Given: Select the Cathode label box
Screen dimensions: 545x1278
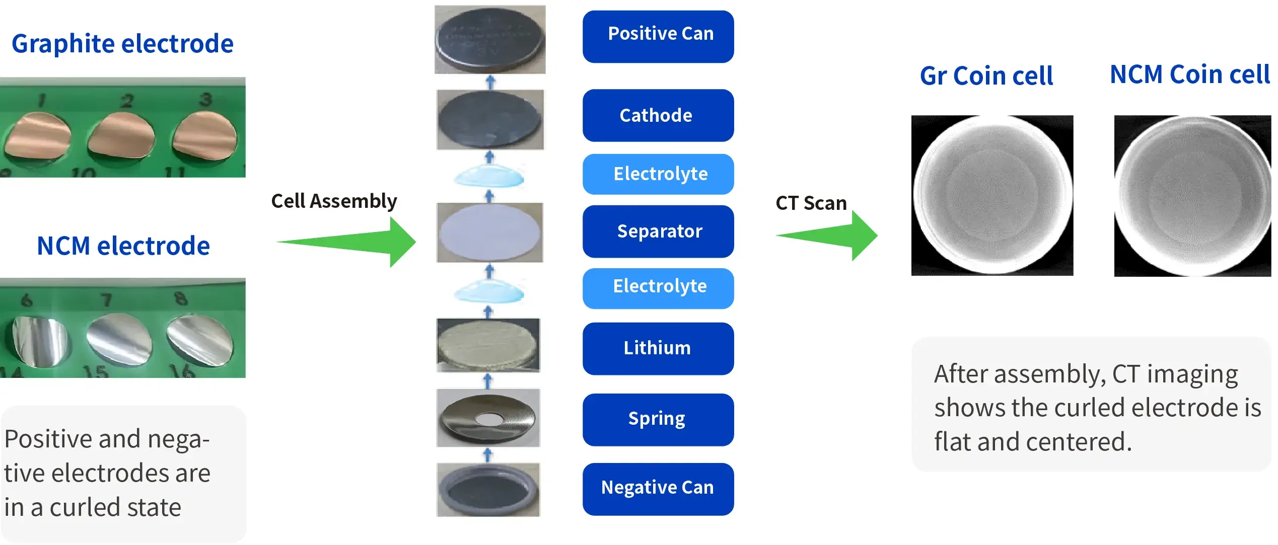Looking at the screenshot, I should click(658, 115).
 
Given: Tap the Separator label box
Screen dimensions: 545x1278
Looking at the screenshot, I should click(658, 231).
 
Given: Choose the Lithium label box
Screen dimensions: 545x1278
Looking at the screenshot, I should click(658, 348).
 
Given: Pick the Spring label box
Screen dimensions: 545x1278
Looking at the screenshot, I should click(658, 419).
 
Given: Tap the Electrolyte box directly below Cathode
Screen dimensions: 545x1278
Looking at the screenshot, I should click(658, 174).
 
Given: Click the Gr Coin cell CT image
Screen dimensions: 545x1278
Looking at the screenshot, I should click(991, 195).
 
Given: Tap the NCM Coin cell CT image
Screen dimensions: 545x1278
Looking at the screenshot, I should click(1192, 196).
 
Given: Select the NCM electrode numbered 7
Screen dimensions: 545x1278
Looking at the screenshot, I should click(119, 339).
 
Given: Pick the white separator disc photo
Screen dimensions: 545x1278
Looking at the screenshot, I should click(489, 232).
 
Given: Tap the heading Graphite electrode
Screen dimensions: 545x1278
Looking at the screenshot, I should click(122, 44).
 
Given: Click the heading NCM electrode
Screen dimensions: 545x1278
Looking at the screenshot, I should click(123, 246).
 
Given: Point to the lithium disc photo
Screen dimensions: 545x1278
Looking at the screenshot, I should click(487, 345).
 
